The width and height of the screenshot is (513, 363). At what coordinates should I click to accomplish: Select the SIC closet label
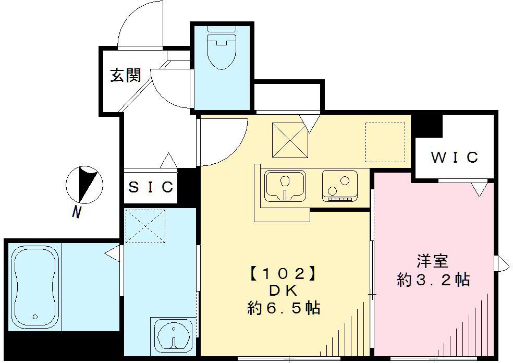pos(150,187)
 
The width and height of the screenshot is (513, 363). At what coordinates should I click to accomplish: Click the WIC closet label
pos(454,157)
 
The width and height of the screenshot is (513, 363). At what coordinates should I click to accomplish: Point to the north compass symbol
pos(85,185)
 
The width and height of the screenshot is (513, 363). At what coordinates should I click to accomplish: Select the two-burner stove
pos(339,186)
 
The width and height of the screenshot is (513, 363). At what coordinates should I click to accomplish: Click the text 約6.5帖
pos(283,308)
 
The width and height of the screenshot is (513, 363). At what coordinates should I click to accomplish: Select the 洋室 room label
pos(433,260)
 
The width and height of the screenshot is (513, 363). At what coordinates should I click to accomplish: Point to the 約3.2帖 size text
pos(433,280)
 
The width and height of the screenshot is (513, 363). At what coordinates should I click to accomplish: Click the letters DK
pos(283,291)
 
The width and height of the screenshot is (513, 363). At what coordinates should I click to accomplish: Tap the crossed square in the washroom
pos(145,226)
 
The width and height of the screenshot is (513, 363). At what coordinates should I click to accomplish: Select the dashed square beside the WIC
pos(385,142)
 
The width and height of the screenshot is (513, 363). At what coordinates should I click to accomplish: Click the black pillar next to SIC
pos(187,186)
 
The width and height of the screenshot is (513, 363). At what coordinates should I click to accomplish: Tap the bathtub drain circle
pos(35,317)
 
